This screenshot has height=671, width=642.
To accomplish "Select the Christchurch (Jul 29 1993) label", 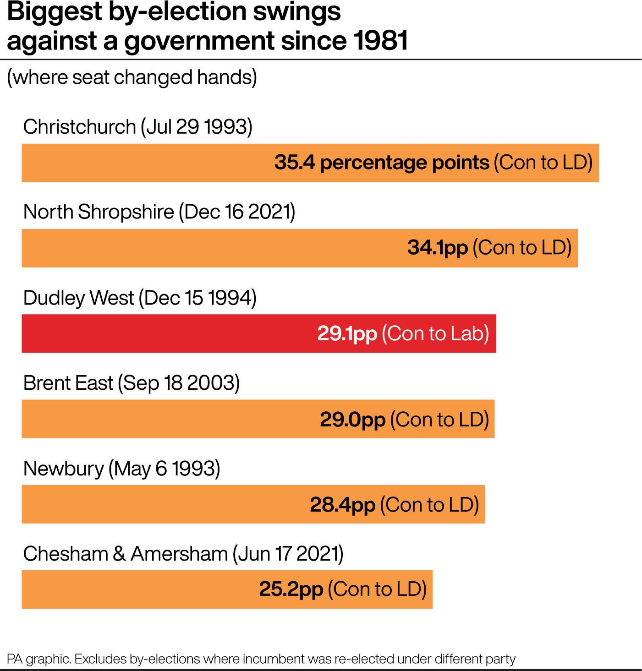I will (x=137, y=127).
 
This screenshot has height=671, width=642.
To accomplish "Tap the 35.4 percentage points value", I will (x=382, y=163).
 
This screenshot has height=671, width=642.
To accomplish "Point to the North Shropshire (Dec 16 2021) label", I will (x=159, y=212).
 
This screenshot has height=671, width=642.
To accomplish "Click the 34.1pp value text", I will (x=437, y=248).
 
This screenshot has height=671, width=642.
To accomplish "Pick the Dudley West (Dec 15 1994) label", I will (x=139, y=298).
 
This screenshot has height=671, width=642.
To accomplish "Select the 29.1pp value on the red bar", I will (x=347, y=333).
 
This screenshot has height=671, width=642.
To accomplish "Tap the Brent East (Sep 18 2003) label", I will (x=132, y=383).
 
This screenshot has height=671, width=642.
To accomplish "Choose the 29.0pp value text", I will (x=352, y=419).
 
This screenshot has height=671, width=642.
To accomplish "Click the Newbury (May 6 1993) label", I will (x=121, y=469).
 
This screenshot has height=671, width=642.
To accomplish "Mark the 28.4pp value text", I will (x=342, y=505).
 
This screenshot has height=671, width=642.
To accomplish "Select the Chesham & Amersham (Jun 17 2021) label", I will (x=183, y=554).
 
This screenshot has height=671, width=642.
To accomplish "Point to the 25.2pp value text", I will (x=291, y=589).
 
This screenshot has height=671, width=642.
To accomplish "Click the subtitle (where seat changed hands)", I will (x=132, y=77).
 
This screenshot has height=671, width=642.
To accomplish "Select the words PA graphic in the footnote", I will (x=39, y=659).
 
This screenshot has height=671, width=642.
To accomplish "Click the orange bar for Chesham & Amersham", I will (x=137, y=589).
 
